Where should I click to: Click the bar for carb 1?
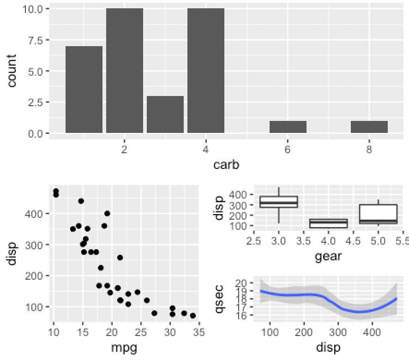tap(84, 90)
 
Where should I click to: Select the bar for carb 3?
tap(165, 114)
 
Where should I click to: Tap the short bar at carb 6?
tap(288, 127)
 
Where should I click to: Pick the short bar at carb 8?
tap(369, 127)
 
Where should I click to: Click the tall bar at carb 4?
tap(206, 71)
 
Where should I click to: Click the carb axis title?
tap(226, 165)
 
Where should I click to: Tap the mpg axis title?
tap(124, 348)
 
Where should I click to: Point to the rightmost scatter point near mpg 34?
tap(192, 316)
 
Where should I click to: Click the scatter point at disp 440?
tap(81, 201)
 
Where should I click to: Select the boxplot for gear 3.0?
tap(279, 202)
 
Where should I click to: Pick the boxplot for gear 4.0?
tap(328, 223)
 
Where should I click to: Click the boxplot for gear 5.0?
tap(378, 214)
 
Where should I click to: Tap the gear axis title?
tap(328, 255)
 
